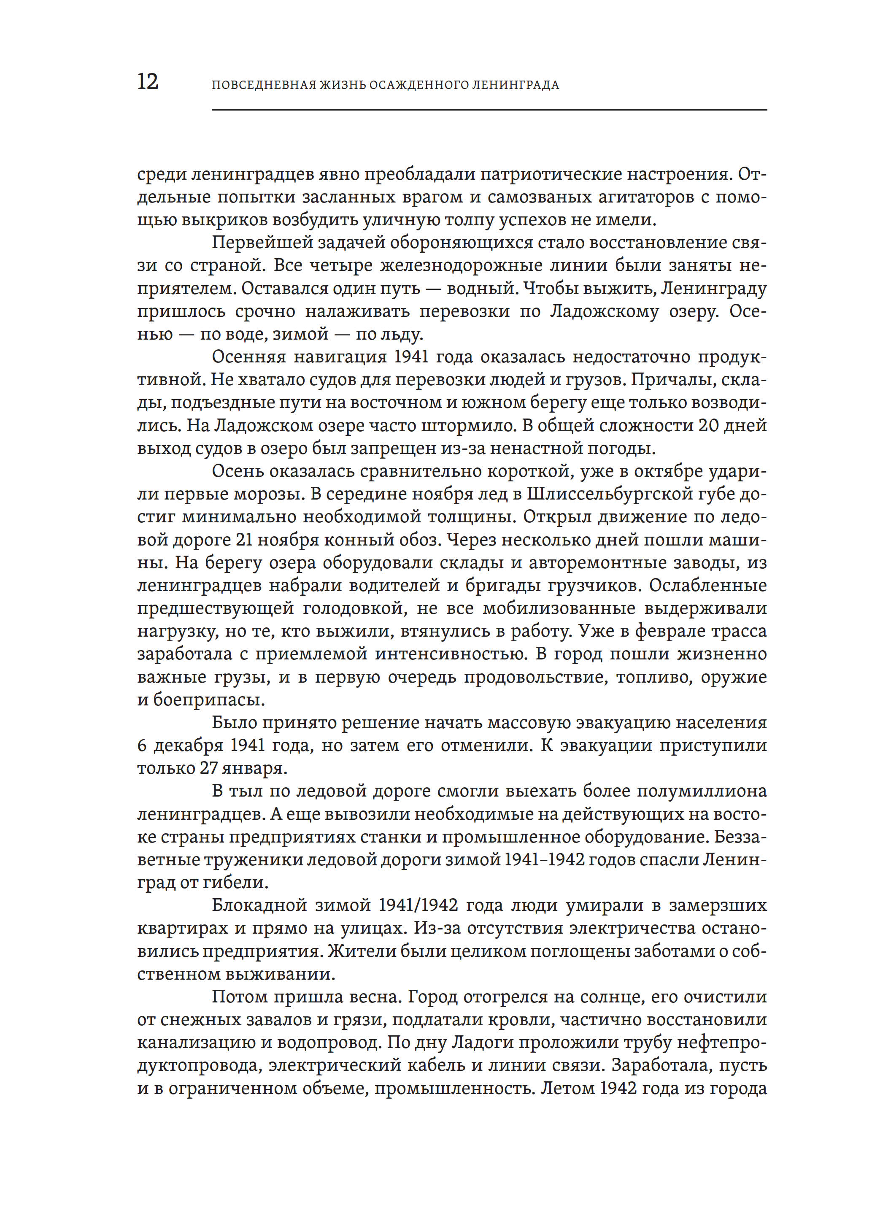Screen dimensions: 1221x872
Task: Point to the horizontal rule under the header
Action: point(489,110)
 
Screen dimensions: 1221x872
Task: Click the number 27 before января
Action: point(209,768)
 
